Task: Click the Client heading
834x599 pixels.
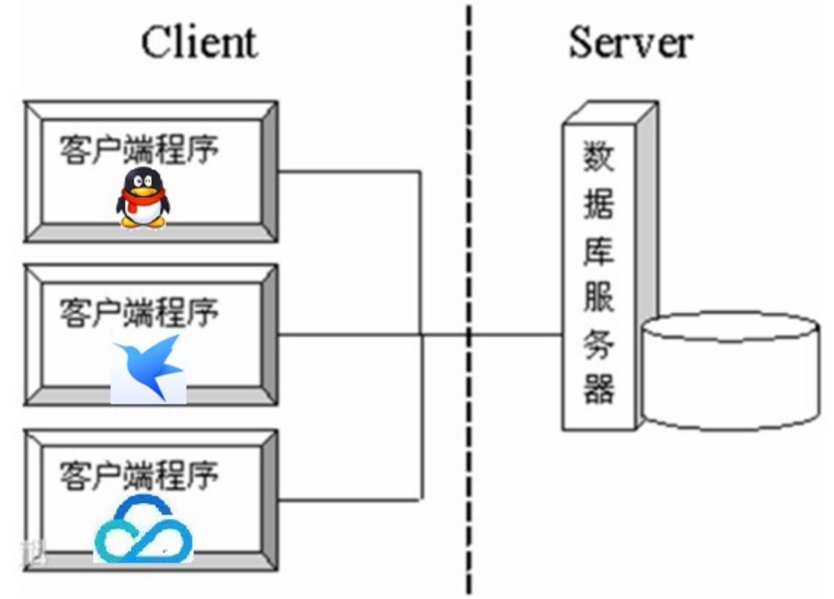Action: click(199, 42)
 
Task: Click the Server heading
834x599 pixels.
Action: click(630, 42)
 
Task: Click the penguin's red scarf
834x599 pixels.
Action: click(142, 198)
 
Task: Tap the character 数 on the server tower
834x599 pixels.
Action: click(599, 156)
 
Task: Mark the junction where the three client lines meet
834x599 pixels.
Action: click(421, 335)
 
